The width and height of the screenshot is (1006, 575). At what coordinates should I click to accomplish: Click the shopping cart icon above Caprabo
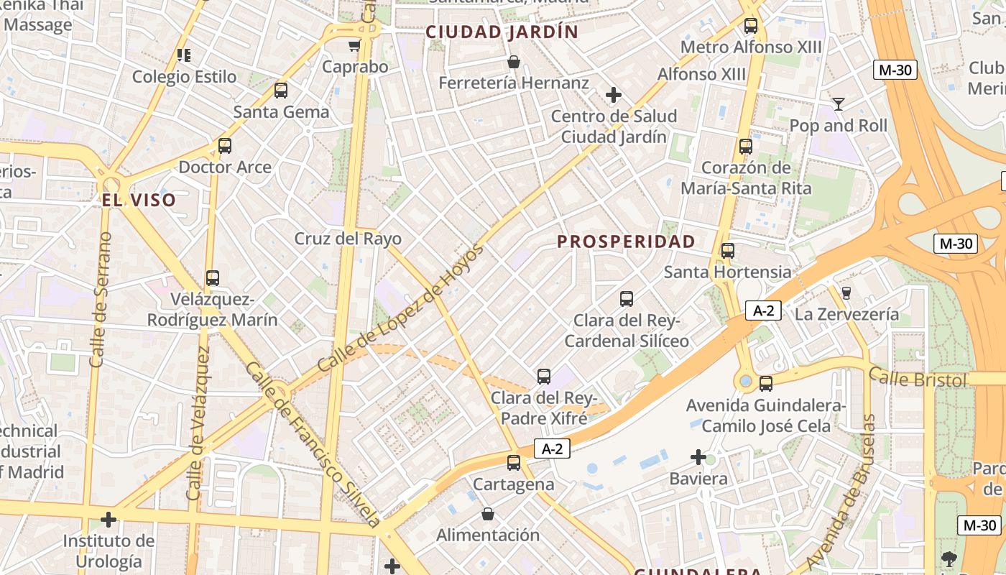point(354,46)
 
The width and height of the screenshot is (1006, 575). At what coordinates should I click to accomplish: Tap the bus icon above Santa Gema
point(281,91)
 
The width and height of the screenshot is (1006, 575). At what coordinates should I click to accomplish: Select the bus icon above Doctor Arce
point(225,147)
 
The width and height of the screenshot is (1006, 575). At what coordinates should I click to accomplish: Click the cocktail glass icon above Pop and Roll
point(838,104)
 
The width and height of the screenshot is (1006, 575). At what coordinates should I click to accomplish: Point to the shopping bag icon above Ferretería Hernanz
point(514,62)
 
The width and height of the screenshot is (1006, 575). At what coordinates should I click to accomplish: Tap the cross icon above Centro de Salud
point(613,95)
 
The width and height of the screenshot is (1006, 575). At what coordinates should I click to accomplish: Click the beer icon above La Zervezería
point(846,293)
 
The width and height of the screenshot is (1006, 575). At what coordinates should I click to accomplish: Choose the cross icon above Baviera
point(698,457)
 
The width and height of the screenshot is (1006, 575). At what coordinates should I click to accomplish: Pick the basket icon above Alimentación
point(488,514)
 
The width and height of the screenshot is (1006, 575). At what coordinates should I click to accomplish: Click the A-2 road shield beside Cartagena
point(552,449)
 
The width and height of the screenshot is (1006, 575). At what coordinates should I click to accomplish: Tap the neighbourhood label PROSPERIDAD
point(627,241)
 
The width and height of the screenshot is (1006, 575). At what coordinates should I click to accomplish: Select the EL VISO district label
point(139,200)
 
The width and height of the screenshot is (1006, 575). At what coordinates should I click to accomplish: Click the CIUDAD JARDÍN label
point(502,32)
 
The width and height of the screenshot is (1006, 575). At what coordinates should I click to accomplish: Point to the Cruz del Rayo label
point(348,239)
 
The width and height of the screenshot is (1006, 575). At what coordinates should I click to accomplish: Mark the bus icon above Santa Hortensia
point(728,251)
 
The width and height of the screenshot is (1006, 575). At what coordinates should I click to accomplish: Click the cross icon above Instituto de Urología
point(109,519)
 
